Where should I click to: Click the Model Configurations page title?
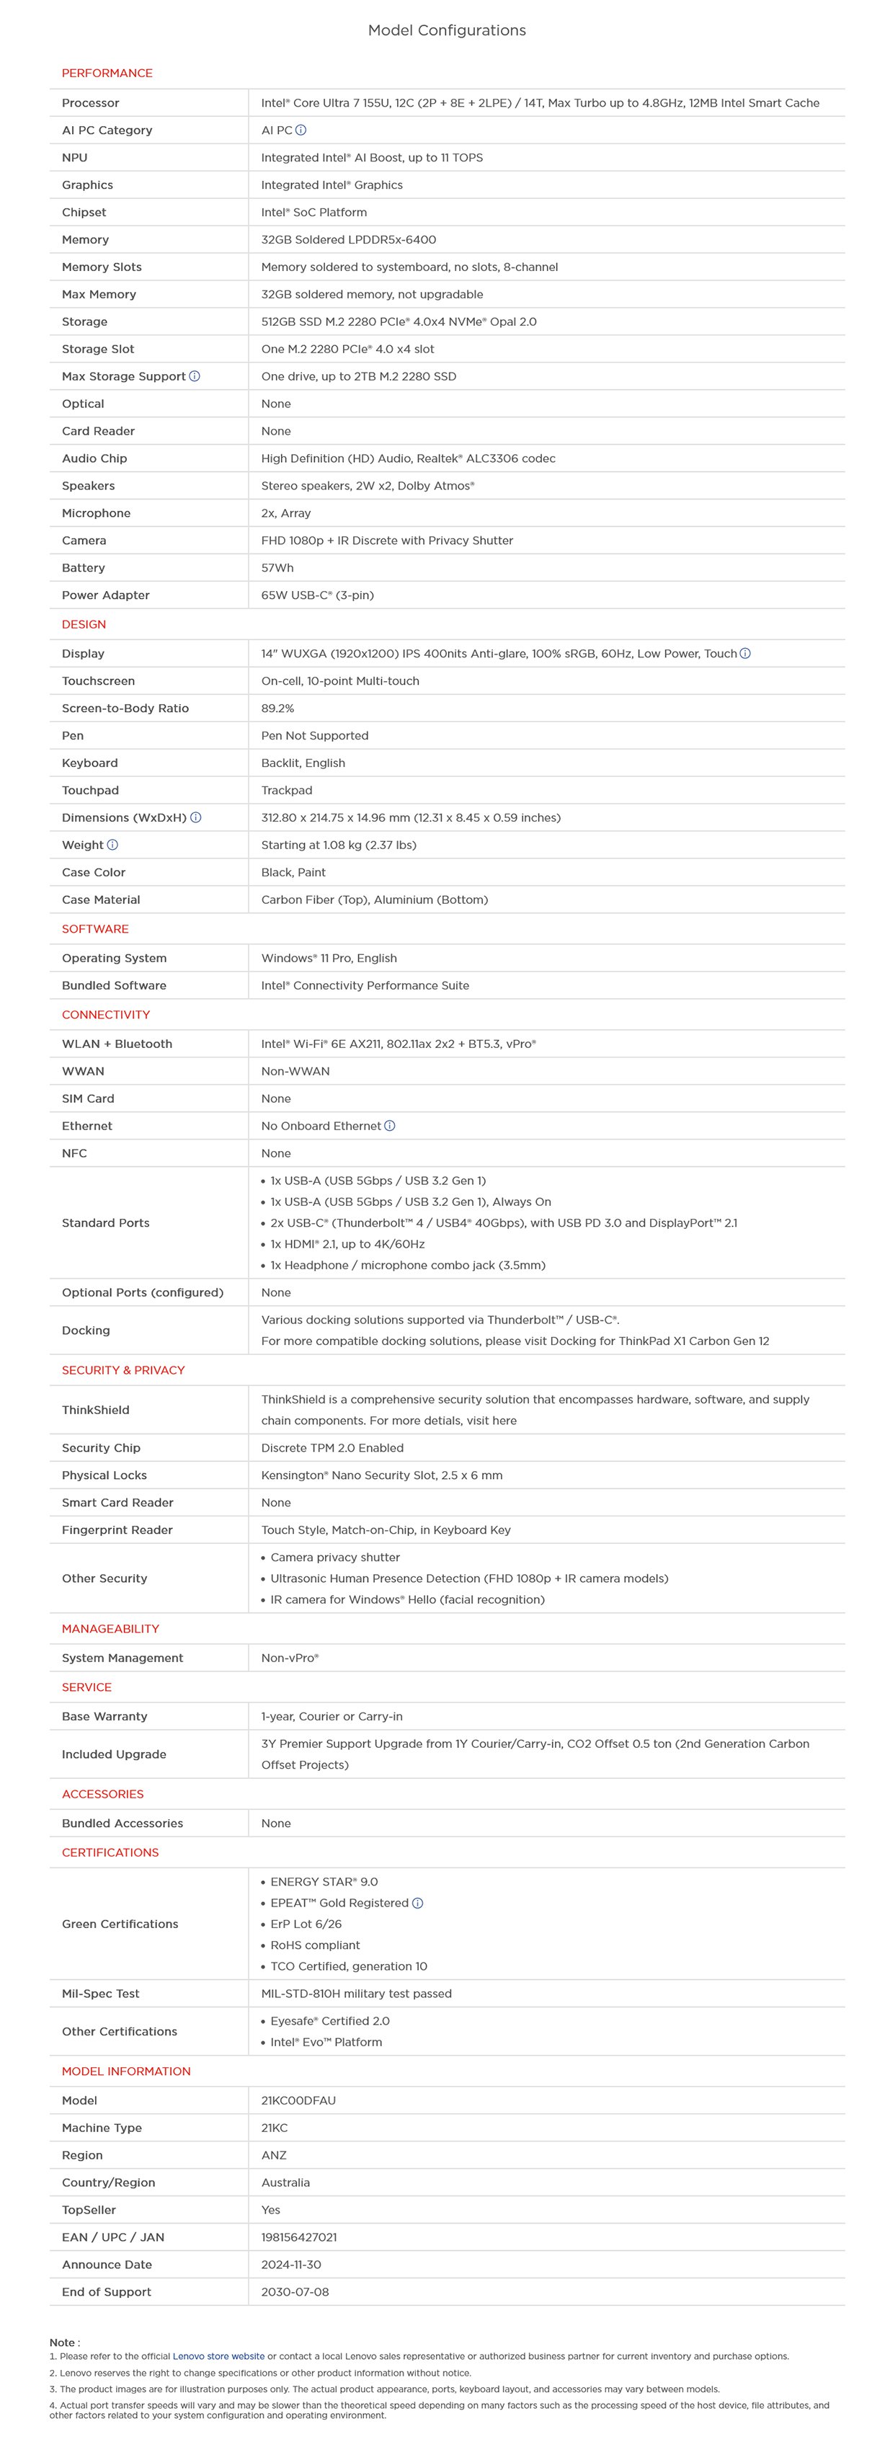pyautogui.click(x=446, y=30)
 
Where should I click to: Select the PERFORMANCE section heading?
pyautogui.click(x=107, y=73)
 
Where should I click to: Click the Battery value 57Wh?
pyautogui.click(x=277, y=568)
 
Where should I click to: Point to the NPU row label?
pyautogui.click(x=74, y=158)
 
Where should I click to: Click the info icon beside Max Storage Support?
pyautogui.click(x=195, y=376)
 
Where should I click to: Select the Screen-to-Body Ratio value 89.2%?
pyautogui.click(x=277, y=709)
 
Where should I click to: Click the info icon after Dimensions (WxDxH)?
pyautogui.click(x=195, y=818)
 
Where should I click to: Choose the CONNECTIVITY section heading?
pyautogui.click(x=105, y=1015)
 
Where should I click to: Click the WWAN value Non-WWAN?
pyautogui.click(x=295, y=1072)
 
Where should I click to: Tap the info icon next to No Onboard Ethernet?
pyautogui.click(x=389, y=1127)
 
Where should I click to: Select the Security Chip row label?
pyautogui.click(x=101, y=1449)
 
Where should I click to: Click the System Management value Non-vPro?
pyautogui.click(x=290, y=1658)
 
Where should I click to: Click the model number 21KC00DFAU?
pyautogui.click(x=298, y=2101)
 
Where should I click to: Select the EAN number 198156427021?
pyautogui.click(x=298, y=2238)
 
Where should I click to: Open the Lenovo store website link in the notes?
pyautogui.click(x=218, y=2357)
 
